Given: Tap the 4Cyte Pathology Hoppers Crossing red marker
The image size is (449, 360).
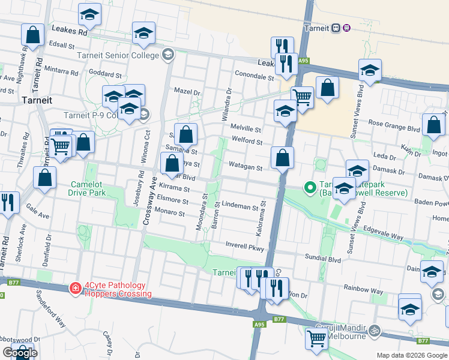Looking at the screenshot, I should click(x=76, y=289).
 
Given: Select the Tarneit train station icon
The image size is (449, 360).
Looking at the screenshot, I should click(x=336, y=28).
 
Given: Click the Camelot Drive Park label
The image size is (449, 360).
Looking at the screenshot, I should click(x=88, y=188).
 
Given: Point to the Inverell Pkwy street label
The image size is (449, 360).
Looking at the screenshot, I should click(x=245, y=246).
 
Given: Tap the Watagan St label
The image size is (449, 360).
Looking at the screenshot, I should click(x=246, y=167).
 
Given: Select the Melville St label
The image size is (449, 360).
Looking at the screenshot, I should click(x=246, y=129).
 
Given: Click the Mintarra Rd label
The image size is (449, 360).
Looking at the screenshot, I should click(x=62, y=71).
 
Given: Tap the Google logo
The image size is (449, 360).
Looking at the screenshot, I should click(x=20, y=353).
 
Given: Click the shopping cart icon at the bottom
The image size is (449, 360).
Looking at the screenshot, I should click(x=316, y=338).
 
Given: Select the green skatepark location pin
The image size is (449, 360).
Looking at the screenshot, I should click(x=310, y=188).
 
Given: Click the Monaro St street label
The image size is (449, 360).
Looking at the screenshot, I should click(x=170, y=212).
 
